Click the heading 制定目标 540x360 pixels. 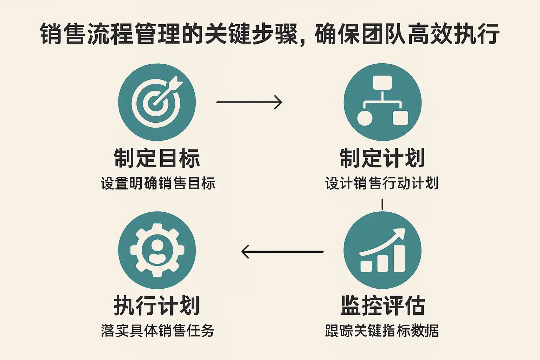point(157,158)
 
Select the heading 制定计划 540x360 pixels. point(382,158)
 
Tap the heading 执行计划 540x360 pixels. point(157,306)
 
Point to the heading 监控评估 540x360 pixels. point(382,306)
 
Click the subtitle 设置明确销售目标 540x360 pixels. point(158,184)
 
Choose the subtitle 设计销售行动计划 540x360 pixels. point(382,184)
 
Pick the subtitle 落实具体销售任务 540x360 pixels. point(157,331)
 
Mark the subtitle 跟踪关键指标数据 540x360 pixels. point(382,331)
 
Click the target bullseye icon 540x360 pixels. point(157,102)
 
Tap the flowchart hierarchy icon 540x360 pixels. point(382,102)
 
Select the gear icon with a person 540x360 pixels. point(157,250)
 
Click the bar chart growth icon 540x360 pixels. point(382,250)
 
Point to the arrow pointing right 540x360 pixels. point(249,102)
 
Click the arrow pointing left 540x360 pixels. point(282,252)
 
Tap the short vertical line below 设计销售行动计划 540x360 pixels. point(382,204)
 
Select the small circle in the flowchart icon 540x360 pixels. point(365,118)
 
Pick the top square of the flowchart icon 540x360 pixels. point(382,83)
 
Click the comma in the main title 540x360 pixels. point(303,41)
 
